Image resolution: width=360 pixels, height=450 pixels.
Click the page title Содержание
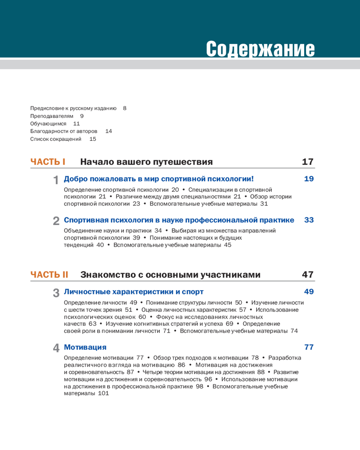point(260,48)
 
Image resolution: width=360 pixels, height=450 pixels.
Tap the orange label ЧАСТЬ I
point(48,162)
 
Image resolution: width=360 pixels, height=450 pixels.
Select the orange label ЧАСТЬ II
point(49,274)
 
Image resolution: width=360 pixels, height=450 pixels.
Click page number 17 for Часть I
point(308,162)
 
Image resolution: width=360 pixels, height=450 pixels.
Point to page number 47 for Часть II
point(308,274)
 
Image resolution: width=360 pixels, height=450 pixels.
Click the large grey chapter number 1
point(56,180)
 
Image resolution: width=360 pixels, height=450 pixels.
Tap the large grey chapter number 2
point(56,221)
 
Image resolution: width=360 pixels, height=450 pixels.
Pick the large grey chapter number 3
point(56,292)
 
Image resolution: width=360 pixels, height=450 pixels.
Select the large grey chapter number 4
point(56,348)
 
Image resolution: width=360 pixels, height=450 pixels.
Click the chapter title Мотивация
point(85,347)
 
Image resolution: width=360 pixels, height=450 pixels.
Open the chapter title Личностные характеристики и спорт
point(134,292)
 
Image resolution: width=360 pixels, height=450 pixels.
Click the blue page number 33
point(309,220)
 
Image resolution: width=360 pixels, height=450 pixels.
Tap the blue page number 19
point(309,179)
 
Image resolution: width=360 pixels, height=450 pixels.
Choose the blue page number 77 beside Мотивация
point(309,347)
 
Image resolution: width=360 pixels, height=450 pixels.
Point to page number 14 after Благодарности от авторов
point(108,131)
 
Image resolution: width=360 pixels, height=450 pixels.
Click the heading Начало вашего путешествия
point(146,162)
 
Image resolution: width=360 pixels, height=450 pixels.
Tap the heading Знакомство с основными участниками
point(170,274)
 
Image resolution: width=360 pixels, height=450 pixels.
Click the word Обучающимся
point(48,124)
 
